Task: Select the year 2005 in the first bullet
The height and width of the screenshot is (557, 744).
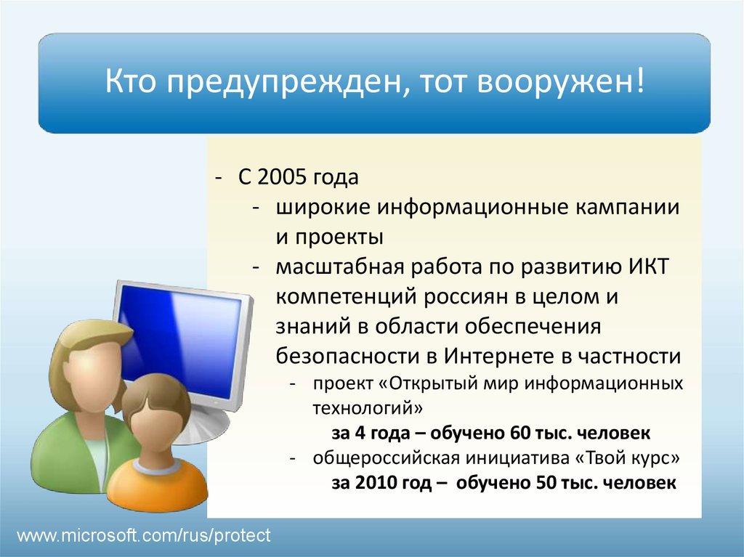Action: click(x=283, y=177)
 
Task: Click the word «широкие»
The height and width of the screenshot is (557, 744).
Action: click(x=323, y=208)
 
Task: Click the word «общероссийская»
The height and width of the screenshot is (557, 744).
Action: click(x=386, y=458)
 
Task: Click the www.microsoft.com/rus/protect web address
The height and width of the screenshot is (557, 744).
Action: click(x=144, y=536)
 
